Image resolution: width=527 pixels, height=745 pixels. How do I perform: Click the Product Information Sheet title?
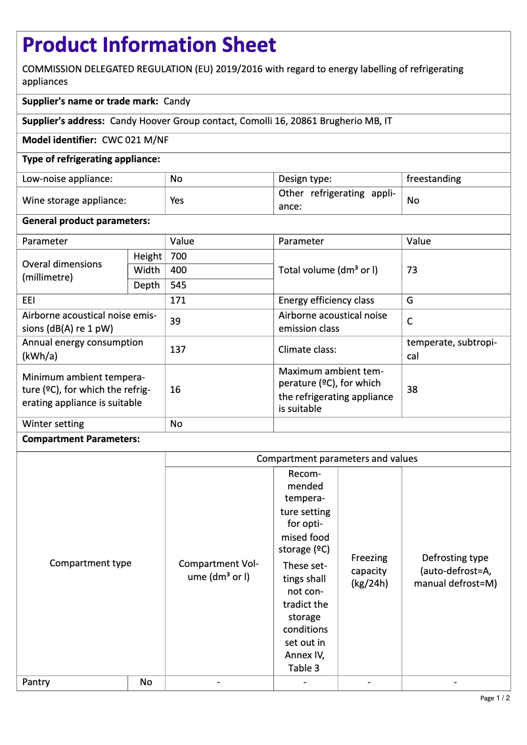149,45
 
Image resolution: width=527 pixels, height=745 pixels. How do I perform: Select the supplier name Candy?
177,101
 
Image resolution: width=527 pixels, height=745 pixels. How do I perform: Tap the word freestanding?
434,179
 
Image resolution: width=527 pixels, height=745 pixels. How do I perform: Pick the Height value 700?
179,256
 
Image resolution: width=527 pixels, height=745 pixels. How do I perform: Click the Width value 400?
179,271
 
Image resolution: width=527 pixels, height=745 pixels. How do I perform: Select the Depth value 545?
179,285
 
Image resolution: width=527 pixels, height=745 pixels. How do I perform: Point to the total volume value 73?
413,271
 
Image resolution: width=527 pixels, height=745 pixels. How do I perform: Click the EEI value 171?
178,300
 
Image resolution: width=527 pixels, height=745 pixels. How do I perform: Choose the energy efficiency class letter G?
410,300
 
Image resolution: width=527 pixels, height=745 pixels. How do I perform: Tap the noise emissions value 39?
175,321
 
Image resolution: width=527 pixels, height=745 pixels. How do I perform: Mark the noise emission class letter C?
410,322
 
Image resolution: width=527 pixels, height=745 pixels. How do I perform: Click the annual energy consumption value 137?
178,350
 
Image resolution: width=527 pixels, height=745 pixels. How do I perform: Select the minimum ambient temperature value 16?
175,390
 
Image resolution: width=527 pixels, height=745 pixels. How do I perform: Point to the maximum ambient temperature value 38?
413,390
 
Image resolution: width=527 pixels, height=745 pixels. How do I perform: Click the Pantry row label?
36,682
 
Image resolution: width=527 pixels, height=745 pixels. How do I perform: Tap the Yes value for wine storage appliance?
177,200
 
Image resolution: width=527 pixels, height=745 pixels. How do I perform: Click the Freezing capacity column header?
369,570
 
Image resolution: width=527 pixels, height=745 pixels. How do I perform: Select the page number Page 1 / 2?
495,698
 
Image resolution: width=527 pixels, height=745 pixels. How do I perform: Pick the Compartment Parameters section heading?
81,439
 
